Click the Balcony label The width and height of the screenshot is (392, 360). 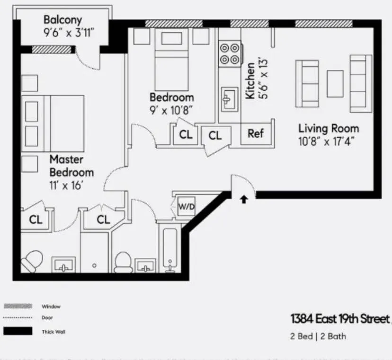tap(62, 20)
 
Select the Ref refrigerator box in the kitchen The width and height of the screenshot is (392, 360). tap(255, 134)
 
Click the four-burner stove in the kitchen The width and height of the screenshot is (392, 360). tap(230, 53)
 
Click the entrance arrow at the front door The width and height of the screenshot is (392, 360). tap(244, 200)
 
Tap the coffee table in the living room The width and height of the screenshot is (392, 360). tap(335, 84)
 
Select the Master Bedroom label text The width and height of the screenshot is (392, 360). tap(71, 166)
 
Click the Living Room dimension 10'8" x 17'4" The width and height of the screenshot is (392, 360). tap(326, 140)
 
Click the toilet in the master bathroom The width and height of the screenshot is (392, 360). tap(31, 261)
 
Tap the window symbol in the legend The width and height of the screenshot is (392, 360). tap(18, 306)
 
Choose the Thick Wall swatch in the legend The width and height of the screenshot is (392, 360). tap(18, 331)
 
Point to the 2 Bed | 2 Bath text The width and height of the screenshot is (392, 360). tap(318, 336)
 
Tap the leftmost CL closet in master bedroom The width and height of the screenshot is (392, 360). tap(36, 220)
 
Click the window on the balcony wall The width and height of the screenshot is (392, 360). tap(52, 49)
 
